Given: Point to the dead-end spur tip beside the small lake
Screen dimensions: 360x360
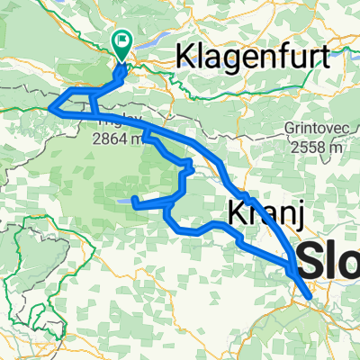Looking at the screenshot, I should tap(134, 199).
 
